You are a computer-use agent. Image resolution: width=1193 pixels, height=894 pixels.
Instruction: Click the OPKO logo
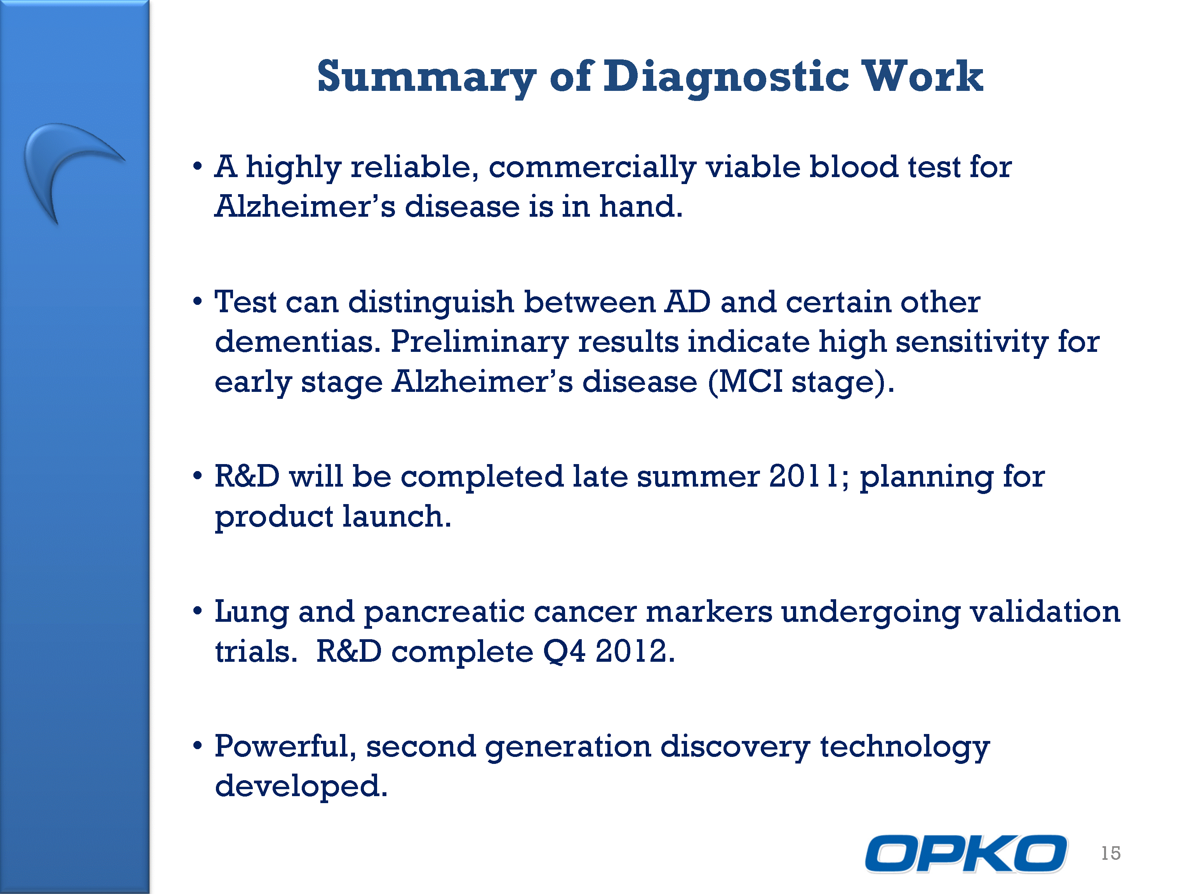pyautogui.click(x=965, y=854)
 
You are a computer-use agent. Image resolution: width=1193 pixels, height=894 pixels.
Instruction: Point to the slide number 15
pyautogui.click(x=1111, y=853)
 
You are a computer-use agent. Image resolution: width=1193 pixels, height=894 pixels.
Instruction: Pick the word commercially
pyautogui.click(x=592, y=167)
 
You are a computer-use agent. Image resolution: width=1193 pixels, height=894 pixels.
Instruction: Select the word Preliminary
pyautogui.click(x=479, y=343)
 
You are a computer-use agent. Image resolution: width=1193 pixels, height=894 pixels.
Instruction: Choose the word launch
pyautogui.click(x=397, y=516)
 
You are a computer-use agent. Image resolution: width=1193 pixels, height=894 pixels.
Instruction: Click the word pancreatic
pyautogui.click(x=444, y=612)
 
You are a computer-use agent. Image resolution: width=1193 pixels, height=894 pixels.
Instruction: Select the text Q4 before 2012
pyautogui.click(x=563, y=651)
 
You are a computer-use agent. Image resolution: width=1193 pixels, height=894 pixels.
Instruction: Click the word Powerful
pyautogui.click(x=285, y=746)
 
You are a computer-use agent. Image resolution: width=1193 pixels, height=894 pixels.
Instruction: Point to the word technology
pyautogui.click(x=904, y=747)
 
